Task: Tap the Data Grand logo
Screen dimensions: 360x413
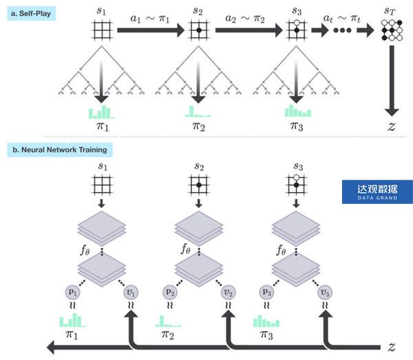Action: click(x=377, y=193)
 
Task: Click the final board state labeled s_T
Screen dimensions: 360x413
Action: click(x=390, y=31)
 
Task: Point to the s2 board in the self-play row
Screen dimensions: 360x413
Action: click(x=199, y=31)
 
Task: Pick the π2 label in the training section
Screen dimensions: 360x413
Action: click(x=169, y=335)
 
